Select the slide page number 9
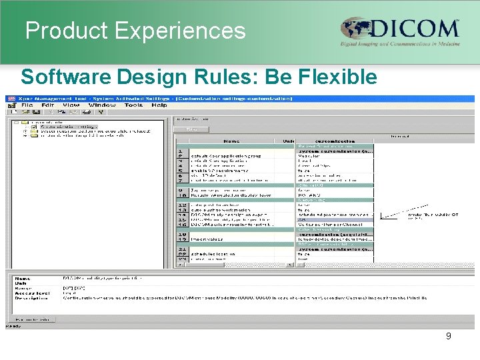tap(448, 336)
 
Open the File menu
tap(27, 105)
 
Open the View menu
tap(71, 105)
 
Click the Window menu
tap(101, 105)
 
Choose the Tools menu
tap(133, 105)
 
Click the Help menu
tap(159, 105)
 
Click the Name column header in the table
tap(232, 141)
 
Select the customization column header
tap(335, 141)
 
